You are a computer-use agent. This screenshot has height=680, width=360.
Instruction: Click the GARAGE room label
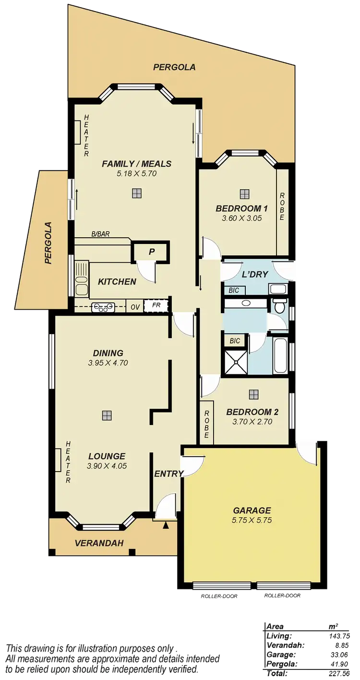pos(252,510)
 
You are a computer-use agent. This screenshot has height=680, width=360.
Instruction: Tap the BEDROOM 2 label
pos(252,412)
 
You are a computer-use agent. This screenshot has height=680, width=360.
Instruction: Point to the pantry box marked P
pos(151,251)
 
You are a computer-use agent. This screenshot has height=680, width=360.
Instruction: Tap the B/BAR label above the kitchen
pos(100,234)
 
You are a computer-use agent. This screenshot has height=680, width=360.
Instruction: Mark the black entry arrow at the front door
pos(166,526)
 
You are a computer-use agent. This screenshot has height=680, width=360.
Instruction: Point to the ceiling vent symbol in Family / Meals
pos(137,193)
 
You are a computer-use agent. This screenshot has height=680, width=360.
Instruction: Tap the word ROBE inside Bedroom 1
pos(282,206)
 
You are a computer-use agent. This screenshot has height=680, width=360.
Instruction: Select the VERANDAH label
pos(99,543)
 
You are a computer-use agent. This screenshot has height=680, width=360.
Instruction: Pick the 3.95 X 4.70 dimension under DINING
pos(108,363)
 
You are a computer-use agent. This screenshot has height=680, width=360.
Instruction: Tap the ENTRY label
pos(168,474)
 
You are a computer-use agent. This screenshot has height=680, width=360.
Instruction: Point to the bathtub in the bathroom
pos(279,356)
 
